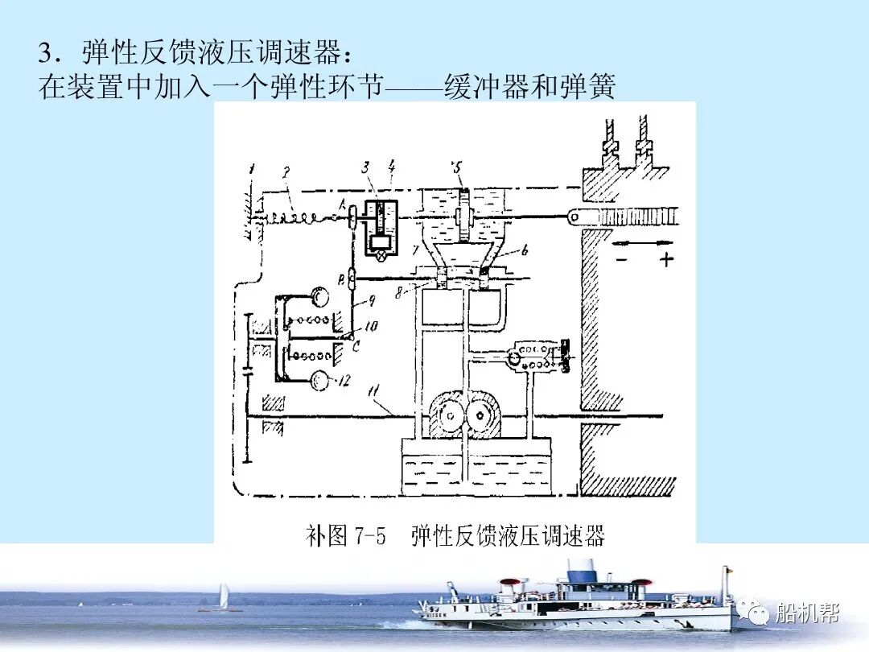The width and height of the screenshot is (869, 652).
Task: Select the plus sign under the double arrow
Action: click(665, 259)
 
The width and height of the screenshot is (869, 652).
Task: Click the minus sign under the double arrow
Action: click(622, 259)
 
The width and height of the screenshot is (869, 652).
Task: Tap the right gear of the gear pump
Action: click(484, 416)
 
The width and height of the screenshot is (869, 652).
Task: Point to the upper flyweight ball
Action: click(321, 297)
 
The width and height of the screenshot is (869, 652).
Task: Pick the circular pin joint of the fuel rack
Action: click(574, 216)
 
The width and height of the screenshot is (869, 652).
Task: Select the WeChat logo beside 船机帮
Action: click(756, 613)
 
